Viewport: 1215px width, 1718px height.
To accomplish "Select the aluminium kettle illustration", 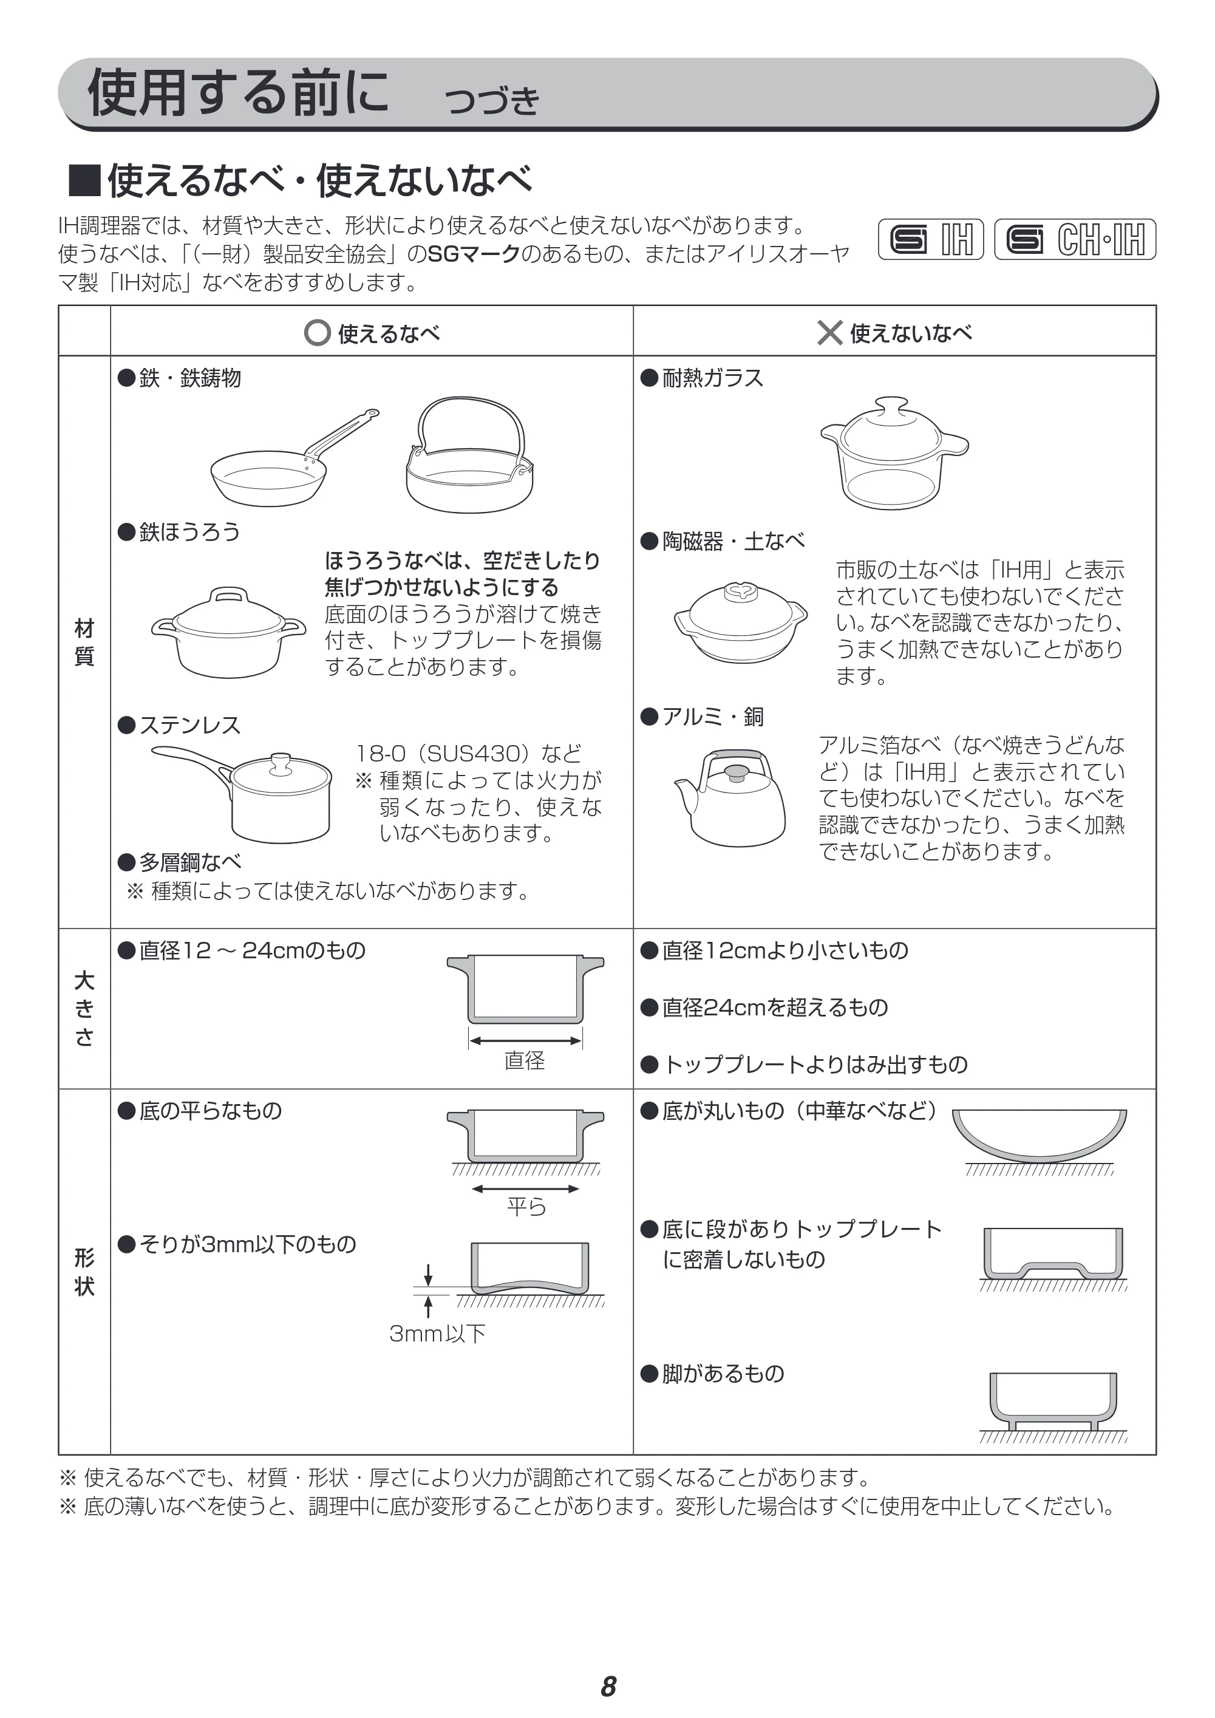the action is point(731,797).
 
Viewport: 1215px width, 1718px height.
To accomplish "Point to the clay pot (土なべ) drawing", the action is point(741,622).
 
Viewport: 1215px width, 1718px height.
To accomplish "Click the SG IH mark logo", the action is point(931,239).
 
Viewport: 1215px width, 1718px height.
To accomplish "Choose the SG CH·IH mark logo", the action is point(1075,239).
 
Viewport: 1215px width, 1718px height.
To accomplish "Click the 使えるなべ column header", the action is point(372,333).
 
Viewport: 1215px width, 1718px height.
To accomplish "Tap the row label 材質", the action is point(84,642).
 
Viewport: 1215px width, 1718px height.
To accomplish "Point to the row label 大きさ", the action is point(84,1009).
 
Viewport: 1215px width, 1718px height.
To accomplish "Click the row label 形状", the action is point(84,1272).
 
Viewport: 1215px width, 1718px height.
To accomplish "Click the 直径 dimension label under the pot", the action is point(525,1060).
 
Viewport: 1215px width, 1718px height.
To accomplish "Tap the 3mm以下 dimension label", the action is point(438,1334).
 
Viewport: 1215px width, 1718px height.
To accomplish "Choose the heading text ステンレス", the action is point(190,725).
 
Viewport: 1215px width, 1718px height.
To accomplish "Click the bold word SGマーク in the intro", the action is point(474,254).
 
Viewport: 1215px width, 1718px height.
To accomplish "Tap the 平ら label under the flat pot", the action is point(526,1206).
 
